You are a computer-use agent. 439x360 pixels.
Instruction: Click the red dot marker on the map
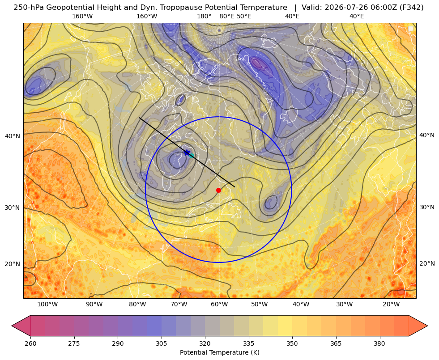pos(219,190)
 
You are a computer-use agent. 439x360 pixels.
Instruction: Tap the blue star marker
pos(187,153)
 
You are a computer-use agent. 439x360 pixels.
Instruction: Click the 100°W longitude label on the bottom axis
pos(47,304)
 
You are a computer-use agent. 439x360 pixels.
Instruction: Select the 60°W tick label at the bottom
pos(219,304)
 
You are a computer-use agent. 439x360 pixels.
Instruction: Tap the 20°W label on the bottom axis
pos(391,304)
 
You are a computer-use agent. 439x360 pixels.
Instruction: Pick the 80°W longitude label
pos(137,304)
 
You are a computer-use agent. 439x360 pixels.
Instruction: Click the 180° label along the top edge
pos(204,16)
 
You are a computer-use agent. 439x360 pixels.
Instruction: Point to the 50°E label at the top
pos(244,16)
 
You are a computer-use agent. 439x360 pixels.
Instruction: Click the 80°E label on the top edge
pos(227,16)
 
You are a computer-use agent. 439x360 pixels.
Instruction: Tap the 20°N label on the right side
pos(427,263)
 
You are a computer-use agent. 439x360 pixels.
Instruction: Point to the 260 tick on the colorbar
pos(30,343)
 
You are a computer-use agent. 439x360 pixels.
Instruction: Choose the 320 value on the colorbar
pos(205,343)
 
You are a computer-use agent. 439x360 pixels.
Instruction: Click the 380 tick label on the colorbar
pos(379,343)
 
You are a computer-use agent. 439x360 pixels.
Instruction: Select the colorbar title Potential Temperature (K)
pos(219,352)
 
